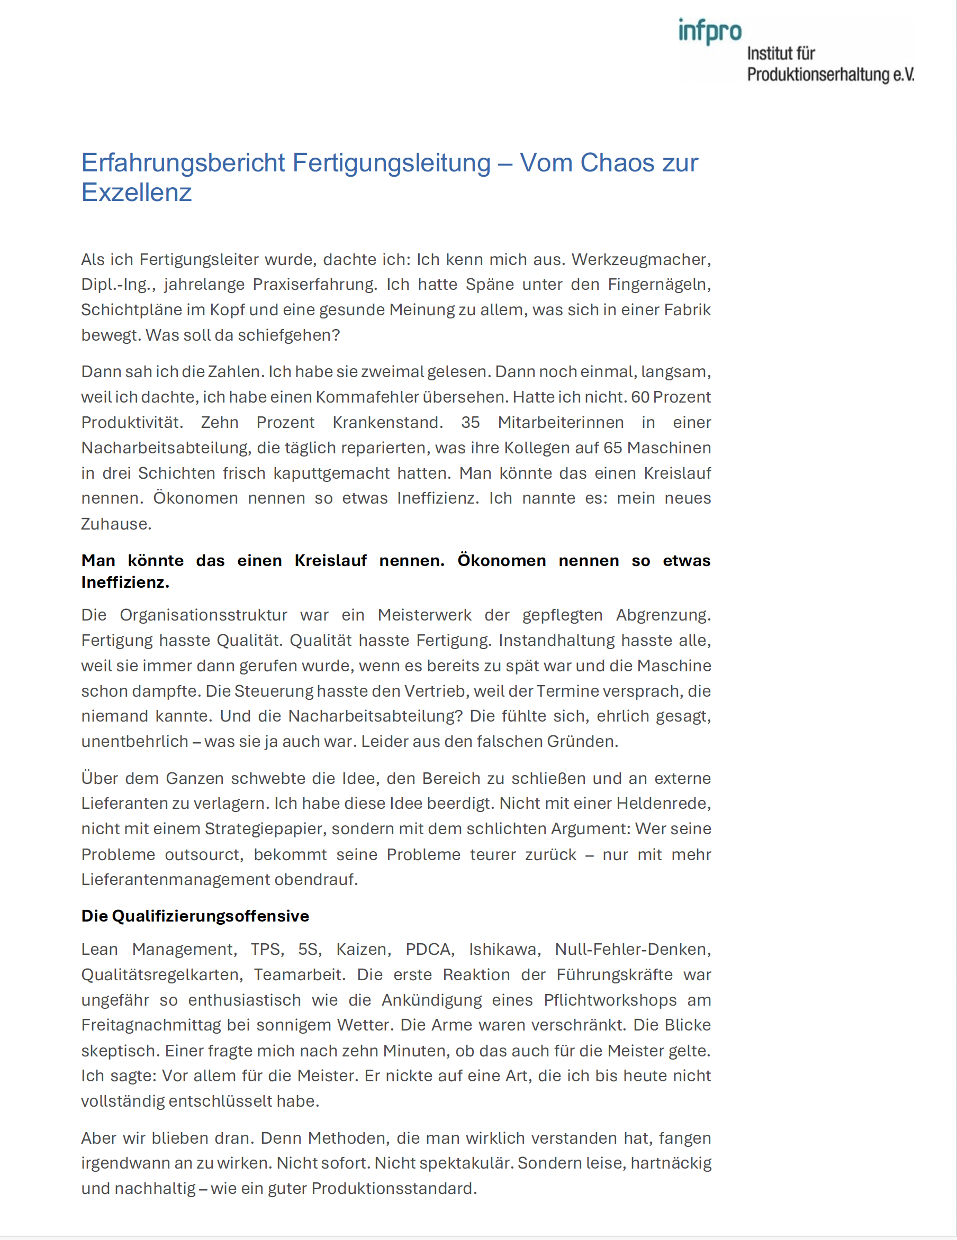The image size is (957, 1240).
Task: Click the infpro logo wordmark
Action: click(x=709, y=31)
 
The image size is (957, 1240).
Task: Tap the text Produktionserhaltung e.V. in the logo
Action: click(x=830, y=75)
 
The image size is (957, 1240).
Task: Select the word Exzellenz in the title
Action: click(x=137, y=193)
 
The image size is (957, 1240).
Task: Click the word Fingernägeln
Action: click(x=659, y=285)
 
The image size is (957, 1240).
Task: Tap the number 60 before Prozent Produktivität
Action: click(x=640, y=397)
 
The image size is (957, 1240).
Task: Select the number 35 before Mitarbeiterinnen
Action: click(x=470, y=423)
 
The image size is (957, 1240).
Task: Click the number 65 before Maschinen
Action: click(x=613, y=448)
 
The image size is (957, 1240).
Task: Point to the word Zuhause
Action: click(x=116, y=524)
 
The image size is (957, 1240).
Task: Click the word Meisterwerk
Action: click(x=425, y=615)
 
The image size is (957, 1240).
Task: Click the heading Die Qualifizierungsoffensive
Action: click(x=195, y=916)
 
